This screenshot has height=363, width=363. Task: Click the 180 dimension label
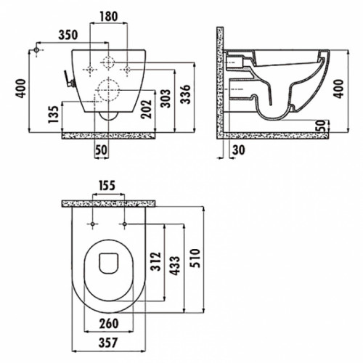click(109, 17)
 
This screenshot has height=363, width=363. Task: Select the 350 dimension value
click(68, 35)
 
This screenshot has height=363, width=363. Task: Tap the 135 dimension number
click(54, 114)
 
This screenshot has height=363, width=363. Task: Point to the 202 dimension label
click(147, 109)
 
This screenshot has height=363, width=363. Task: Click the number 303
click(166, 99)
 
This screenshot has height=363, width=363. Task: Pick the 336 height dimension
click(186, 94)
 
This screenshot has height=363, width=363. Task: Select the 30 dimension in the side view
click(239, 150)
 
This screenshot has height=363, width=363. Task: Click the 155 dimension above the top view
click(107, 186)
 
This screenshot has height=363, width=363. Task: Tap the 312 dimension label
click(155, 261)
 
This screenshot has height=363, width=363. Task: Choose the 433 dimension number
click(175, 266)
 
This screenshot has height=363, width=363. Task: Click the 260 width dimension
click(109, 324)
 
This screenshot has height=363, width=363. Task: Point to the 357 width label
click(108, 343)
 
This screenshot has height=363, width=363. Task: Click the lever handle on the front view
click(69, 78)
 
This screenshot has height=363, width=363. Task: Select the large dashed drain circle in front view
click(108, 90)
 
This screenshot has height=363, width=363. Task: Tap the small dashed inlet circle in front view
click(108, 62)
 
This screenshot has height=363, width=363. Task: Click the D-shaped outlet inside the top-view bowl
click(108, 264)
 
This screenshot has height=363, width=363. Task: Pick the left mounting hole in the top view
click(92, 224)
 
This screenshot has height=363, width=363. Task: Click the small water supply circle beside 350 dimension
click(36, 50)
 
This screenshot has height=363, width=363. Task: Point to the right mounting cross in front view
click(127, 70)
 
